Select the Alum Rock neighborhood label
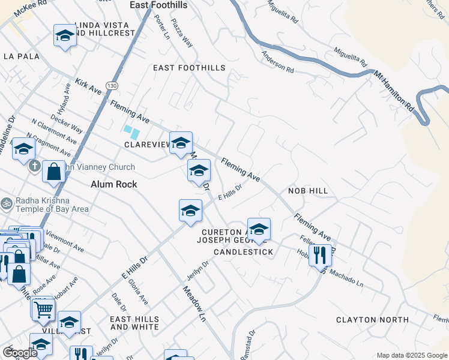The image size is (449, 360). point(114,185)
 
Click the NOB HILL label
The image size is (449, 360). point(308,190)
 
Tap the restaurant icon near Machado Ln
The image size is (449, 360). point(319,256)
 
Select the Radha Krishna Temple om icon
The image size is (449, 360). point(7,203)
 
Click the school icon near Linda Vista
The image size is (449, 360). point(65,37)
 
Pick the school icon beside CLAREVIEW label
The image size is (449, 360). point(181,143)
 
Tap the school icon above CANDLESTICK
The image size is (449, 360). point(259,230)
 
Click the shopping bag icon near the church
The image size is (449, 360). point(53,172)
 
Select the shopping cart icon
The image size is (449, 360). point(43,310)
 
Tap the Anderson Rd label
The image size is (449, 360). point(277,62)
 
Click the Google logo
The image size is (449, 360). point(19,353)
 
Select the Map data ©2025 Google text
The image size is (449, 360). point(412,355)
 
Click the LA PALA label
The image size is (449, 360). point(21,56)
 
